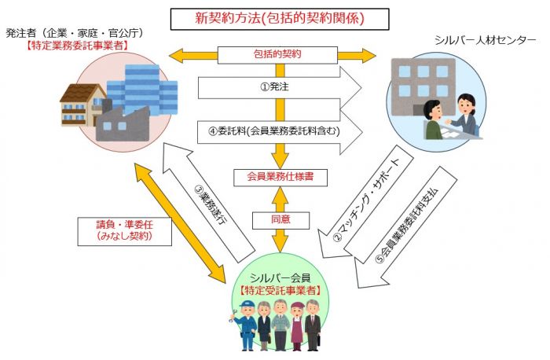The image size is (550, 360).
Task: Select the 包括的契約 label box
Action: (x=275, y=55)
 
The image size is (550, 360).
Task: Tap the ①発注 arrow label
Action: (x=275, y=86)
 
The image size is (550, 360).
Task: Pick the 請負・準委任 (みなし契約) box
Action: (x=126, y=229)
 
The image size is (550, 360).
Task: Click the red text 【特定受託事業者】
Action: (x=280, y=290)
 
